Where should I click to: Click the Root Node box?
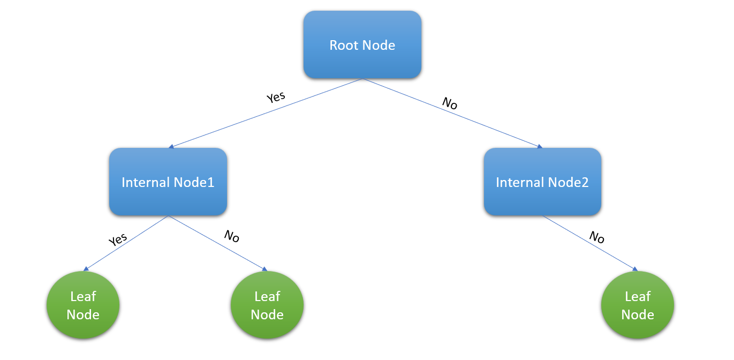362,45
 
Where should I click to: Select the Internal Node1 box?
168,182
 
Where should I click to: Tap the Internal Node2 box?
542,182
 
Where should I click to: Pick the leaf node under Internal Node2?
638,305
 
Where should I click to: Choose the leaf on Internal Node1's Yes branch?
83,305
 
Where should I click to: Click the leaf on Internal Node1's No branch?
267,305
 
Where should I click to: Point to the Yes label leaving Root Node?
276,97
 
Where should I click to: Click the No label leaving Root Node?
450,103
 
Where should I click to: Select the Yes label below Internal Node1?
118,239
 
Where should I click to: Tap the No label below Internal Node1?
231,236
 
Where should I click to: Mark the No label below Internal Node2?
597,237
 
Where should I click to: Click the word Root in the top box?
344,45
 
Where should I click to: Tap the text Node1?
192,182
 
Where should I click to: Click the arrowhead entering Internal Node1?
171,146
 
